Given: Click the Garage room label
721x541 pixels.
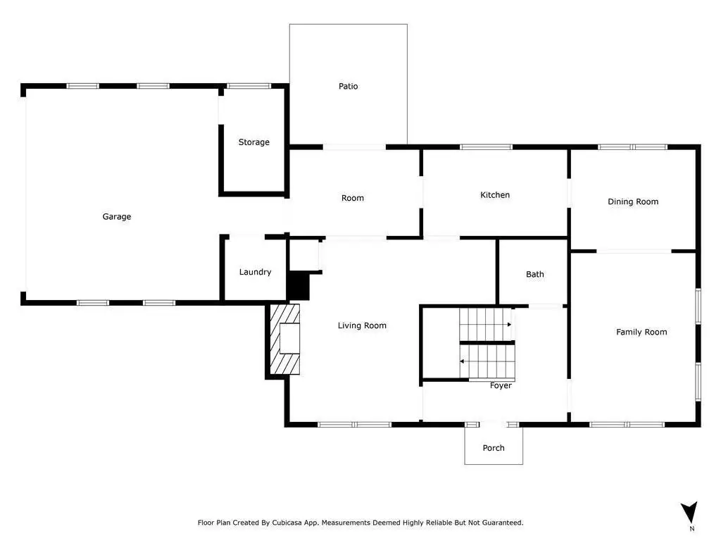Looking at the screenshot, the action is click(x=117, y=217).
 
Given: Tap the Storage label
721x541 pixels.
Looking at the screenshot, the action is click(x=253, y=142).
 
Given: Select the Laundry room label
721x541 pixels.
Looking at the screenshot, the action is click(x=255, y=272).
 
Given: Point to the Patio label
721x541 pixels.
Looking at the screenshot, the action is click(x=348, y=86).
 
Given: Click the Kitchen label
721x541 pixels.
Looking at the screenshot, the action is click(x=495, y=195).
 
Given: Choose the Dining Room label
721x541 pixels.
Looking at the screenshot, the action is click(x=633, y=201).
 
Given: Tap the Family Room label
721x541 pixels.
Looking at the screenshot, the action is click(x=641, y=332).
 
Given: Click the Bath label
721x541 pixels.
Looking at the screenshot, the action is click(x=535, y=274).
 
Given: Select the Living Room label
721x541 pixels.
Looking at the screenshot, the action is click(x=362, y=325).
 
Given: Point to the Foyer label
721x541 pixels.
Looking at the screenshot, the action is click(x=501, y=385).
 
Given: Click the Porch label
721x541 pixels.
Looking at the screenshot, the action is click(x=494, y=448).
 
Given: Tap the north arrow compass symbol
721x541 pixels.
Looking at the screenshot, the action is click(x=689, y=513).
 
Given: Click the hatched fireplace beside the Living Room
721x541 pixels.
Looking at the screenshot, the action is click(x=284, y=339).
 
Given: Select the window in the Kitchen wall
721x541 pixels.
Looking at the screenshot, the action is click(x=486, y=147).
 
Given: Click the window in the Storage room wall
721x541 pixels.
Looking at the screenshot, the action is click(x=249, y=86).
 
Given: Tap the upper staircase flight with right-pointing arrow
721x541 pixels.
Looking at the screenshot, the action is click(x=486, y=325).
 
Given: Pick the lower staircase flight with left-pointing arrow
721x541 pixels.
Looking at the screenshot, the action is click(x=487, y=361).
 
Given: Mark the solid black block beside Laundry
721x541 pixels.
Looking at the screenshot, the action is click(x=298, y=286).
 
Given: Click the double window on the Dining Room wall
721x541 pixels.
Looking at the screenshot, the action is click(x=633, y=147).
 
